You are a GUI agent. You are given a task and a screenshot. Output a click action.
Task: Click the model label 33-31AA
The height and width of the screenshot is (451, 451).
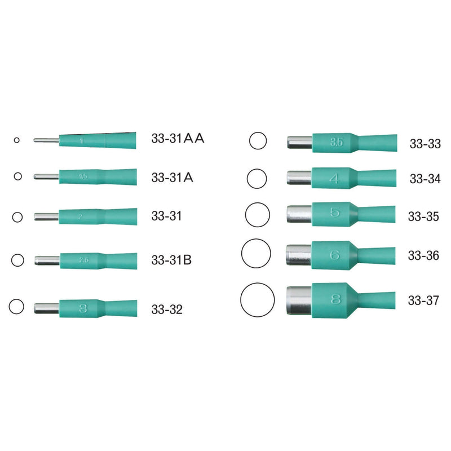177,139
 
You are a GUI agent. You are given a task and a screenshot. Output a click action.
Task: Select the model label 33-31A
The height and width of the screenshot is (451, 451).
173,177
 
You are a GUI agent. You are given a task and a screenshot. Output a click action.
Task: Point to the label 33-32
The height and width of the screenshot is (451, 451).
167,309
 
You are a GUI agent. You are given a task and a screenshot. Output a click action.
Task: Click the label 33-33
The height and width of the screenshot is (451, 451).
425,144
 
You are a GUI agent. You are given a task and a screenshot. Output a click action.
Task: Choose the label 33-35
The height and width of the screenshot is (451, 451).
423,216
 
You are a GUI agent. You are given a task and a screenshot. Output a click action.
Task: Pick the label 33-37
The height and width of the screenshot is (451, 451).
423,300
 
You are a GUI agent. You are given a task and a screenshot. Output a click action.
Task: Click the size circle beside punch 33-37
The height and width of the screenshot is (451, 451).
258,300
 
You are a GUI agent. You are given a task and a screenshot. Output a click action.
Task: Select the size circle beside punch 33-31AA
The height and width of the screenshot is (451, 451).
17,140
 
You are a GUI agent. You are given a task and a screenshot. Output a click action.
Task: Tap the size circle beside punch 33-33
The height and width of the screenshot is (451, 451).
258,141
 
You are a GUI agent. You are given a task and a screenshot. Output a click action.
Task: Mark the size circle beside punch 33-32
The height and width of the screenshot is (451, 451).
16,307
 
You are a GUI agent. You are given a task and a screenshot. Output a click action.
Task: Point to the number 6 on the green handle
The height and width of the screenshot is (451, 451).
335,255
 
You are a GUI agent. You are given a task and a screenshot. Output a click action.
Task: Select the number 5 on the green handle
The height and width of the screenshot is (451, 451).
334,214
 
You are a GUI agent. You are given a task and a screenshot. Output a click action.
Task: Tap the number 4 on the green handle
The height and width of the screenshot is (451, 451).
334,179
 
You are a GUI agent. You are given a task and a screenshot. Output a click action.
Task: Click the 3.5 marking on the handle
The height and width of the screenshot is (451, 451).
336,142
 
